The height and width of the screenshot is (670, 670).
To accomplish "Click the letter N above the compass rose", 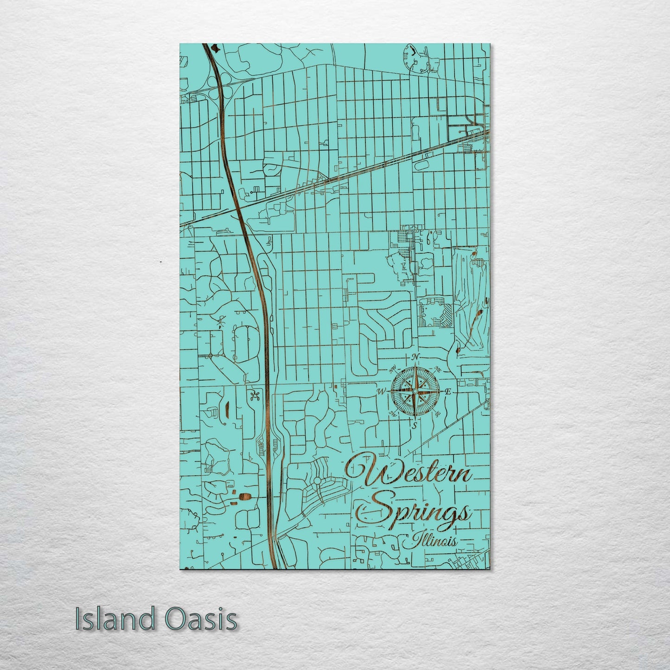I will [416, 357].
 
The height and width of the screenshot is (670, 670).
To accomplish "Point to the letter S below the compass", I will [415, 424].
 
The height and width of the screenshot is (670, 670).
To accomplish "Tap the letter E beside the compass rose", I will [448, 392].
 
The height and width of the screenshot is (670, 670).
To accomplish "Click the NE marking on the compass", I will [438, 369].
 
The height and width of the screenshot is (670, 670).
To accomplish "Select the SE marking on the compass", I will [437, 414].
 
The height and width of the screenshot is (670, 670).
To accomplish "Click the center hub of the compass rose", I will [415, 392].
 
